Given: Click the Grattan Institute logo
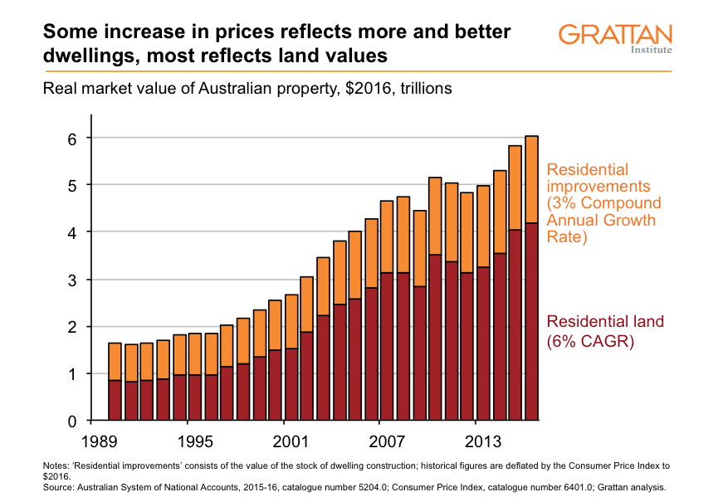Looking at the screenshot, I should tap(615, 38).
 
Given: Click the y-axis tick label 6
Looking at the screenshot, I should tap(72, 139).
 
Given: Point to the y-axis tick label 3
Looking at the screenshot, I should tap(72, 280).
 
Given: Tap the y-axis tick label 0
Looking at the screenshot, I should tap(72, 422).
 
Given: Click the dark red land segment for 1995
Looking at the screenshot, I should tap(195, 398).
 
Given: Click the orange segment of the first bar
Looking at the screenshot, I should tap(115, 362).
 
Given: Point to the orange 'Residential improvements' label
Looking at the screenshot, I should tap(603, 203).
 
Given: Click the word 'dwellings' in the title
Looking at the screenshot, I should tap(86, 56).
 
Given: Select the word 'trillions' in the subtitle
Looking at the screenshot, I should tap(422, 88).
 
